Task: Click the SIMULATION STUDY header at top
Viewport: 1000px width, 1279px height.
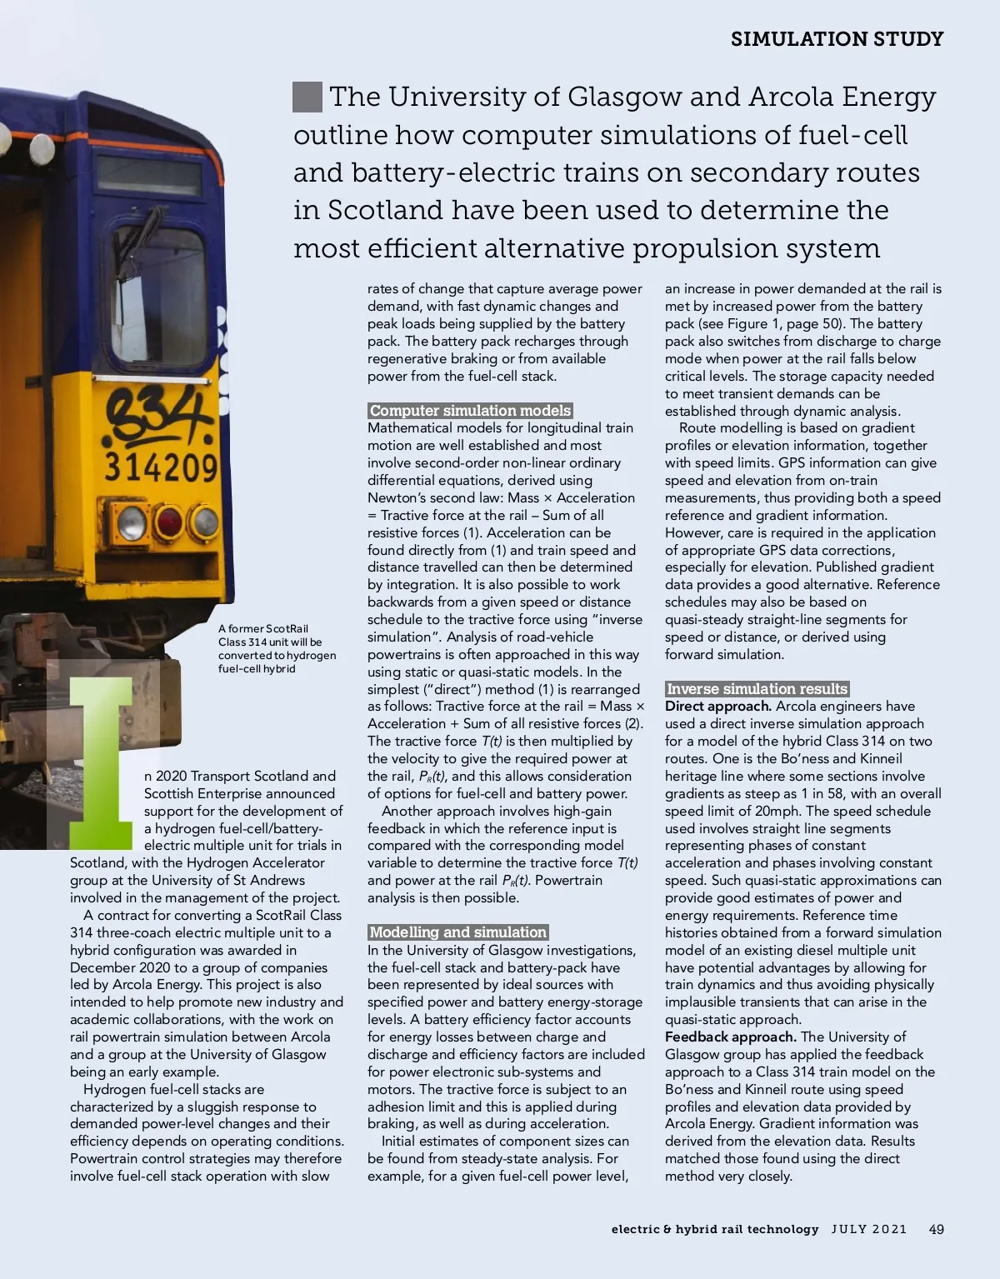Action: [x=837, y=39]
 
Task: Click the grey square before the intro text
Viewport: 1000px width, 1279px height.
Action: [x=307, y=97]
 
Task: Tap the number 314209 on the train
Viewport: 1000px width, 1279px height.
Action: [x=161, y=467]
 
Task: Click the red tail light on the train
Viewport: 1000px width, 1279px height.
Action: [x=169, y=523]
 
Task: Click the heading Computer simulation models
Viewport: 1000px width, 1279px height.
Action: [x=470, y=411]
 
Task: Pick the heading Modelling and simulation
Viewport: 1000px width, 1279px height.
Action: [x=457, y=932]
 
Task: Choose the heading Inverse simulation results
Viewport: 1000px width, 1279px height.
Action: [x=757, y=689]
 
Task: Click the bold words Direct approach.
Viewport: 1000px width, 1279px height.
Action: [x=717, y=707]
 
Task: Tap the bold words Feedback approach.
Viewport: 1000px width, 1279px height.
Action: [x=730, y=1037]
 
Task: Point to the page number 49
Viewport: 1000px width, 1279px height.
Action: [x=936, y=1229]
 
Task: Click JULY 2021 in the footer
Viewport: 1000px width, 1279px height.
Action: [x=868, y=1229]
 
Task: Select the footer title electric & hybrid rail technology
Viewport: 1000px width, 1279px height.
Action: [x=714, y=1229]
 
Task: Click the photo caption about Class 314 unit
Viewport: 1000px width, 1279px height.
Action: [x=277, y=648]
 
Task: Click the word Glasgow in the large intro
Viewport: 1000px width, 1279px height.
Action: [x=623, y=97]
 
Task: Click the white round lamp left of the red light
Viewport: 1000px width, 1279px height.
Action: [x=132, y=523]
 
